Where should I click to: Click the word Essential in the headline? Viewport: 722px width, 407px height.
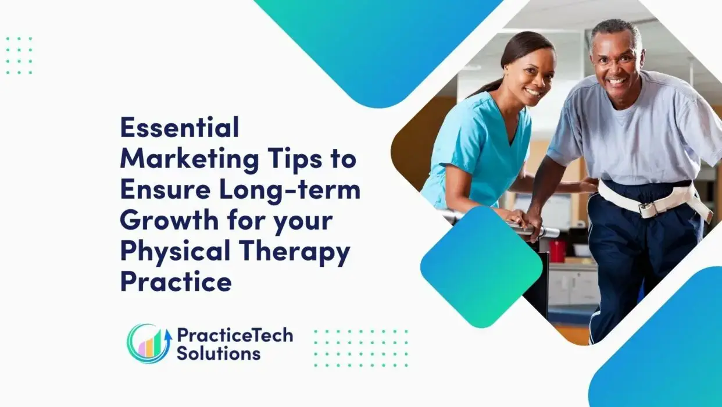coord(180,127)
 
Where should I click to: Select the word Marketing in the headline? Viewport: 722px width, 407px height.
coord(190,159)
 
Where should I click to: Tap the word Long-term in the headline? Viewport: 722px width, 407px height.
coord(289,191)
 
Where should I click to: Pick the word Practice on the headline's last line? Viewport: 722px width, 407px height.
coord(176,281)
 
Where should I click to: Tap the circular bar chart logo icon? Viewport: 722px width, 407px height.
coord(149,344)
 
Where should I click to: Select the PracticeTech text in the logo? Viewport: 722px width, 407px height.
coord(235,335)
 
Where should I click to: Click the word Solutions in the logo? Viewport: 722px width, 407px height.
coord(219,353)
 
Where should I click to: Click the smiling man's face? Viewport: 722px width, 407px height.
coord(616,65)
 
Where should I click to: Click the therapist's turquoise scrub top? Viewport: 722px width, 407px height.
coord(480,152)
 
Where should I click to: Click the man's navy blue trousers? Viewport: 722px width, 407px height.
coord(641,258)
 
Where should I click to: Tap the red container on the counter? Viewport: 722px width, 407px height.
coord(557,252)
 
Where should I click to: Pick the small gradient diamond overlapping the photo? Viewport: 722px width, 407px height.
coord(481,267)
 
